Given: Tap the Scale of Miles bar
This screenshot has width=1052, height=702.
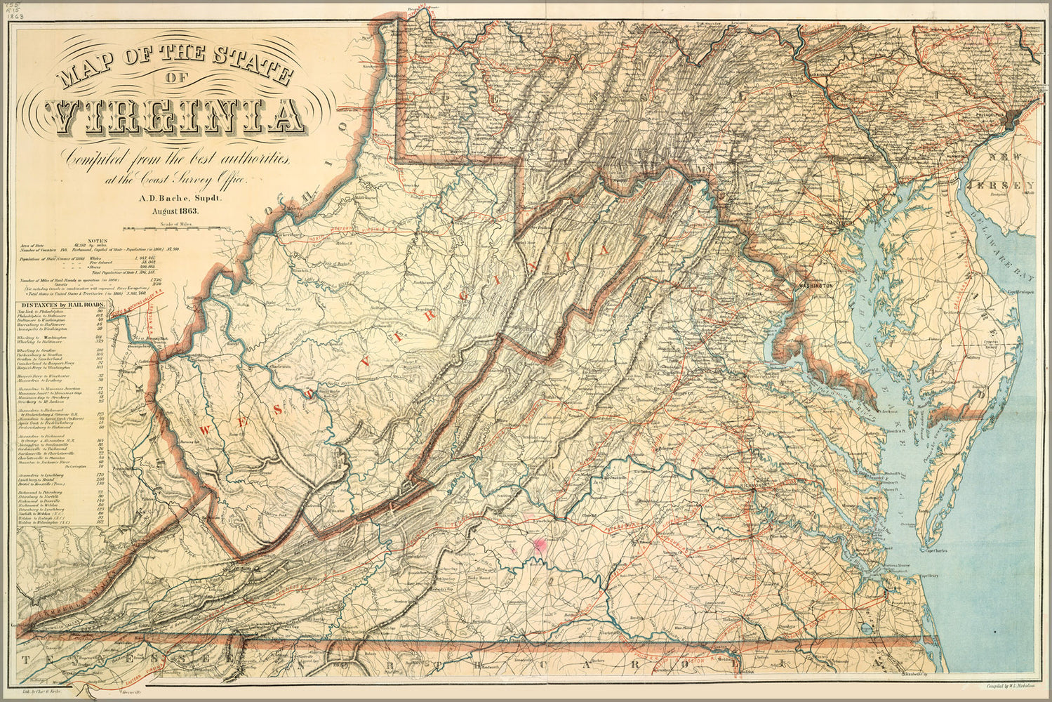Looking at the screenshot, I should pos(179,227).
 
